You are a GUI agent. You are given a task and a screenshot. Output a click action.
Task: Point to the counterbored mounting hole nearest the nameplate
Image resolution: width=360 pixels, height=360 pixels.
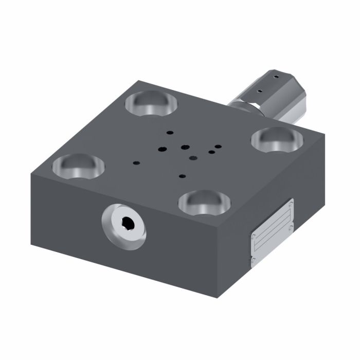coord(204,201)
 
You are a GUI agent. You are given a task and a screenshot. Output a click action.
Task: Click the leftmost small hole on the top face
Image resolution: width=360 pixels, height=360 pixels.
coord(136,163)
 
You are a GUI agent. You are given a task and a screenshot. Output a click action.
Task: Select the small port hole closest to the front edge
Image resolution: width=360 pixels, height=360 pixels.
coord(182,176)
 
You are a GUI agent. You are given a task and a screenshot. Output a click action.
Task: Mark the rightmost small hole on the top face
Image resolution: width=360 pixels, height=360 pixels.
coord(221,146)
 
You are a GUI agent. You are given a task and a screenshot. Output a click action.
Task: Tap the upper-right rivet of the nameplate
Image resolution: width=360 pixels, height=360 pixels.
coord(292,205)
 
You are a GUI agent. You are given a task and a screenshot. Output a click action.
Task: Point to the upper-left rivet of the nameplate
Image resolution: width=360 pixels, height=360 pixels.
coord(254,236)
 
